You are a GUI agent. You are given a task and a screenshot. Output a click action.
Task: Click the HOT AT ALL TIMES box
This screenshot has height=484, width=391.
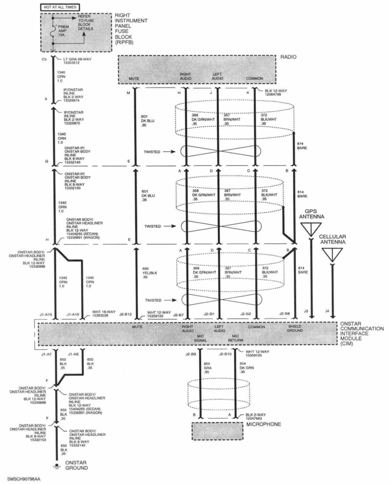60,7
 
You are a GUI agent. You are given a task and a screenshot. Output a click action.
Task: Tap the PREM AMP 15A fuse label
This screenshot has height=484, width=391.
63,30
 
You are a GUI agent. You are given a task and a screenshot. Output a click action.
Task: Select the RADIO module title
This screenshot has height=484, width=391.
288,57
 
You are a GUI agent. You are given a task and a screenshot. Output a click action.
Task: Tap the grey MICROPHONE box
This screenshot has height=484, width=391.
217,431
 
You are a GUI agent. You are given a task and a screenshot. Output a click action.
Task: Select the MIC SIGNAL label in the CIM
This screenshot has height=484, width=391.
201,338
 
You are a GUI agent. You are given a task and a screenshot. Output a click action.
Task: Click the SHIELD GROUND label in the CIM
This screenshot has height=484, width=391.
295,328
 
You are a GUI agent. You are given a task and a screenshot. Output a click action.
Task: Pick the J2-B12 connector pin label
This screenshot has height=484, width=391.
125,314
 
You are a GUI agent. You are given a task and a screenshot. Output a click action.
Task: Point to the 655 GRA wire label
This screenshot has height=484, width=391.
207,368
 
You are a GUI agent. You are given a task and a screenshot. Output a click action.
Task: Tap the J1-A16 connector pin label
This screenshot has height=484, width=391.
73,314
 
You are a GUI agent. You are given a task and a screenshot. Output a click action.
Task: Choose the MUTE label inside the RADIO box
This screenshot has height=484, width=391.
134,78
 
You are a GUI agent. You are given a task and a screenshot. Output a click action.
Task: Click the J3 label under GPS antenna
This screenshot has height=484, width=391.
306,311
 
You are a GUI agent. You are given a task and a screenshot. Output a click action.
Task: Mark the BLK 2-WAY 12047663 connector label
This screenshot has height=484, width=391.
256,416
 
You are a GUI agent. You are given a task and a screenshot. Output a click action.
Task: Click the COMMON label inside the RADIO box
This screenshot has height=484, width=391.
254,78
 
